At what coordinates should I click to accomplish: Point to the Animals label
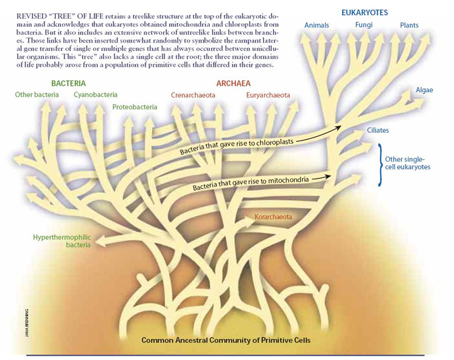317,25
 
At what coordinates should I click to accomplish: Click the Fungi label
364,25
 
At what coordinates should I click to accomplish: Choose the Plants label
409,25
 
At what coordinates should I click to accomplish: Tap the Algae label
425,89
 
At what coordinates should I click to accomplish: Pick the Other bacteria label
37,95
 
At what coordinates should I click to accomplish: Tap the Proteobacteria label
134,106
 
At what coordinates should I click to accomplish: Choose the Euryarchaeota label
268,95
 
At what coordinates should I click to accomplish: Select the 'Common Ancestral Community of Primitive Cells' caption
226,340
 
